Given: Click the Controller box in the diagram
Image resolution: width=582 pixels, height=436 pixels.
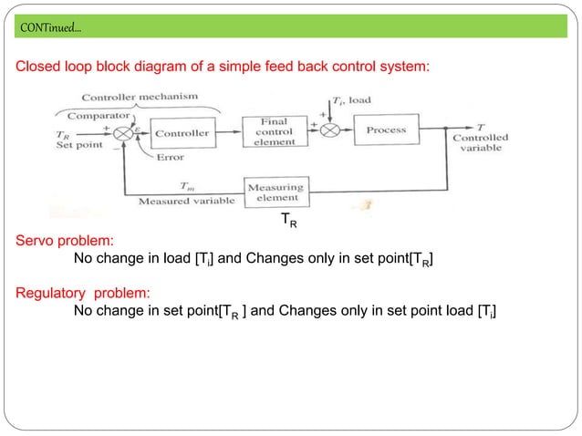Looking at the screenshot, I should coord(182,133).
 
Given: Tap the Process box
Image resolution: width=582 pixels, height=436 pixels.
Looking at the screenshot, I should coord(386,131).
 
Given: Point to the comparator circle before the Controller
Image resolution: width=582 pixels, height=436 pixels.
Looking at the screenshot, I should coord(123,133).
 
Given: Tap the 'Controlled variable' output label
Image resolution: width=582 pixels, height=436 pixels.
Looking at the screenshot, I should coord(481,143).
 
